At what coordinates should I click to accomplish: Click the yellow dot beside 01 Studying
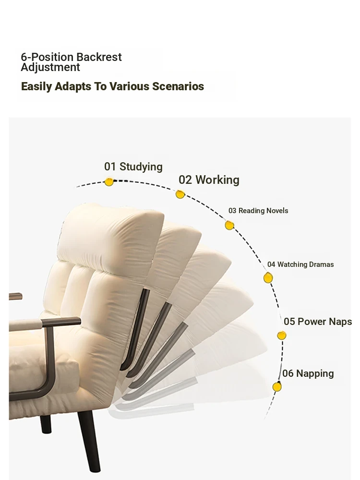tap(108, 182)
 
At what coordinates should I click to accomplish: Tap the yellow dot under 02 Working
tap(180, 194)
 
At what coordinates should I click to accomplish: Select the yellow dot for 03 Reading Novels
tap(229, 225)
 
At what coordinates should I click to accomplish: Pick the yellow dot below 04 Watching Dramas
tap(268, 278)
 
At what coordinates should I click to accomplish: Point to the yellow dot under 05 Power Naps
tap(282, 336)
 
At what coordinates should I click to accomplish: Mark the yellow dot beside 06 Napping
tap(277, 387)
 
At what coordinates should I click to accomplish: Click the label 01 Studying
tap(133, 167)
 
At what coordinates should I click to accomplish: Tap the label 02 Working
tap(209, 180)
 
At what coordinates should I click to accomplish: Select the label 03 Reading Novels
tap(258, 211)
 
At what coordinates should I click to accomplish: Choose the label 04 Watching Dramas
tap(300, 264)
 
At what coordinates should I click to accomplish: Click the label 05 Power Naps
tap(318, 322)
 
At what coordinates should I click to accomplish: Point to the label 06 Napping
tap(308, 373)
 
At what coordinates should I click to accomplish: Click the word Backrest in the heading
tap(99, 57)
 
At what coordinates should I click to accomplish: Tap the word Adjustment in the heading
tap(50, 67)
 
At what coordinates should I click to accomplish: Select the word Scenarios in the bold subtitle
tap(178, 86)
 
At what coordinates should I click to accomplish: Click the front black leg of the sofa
tap(89, 441)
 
